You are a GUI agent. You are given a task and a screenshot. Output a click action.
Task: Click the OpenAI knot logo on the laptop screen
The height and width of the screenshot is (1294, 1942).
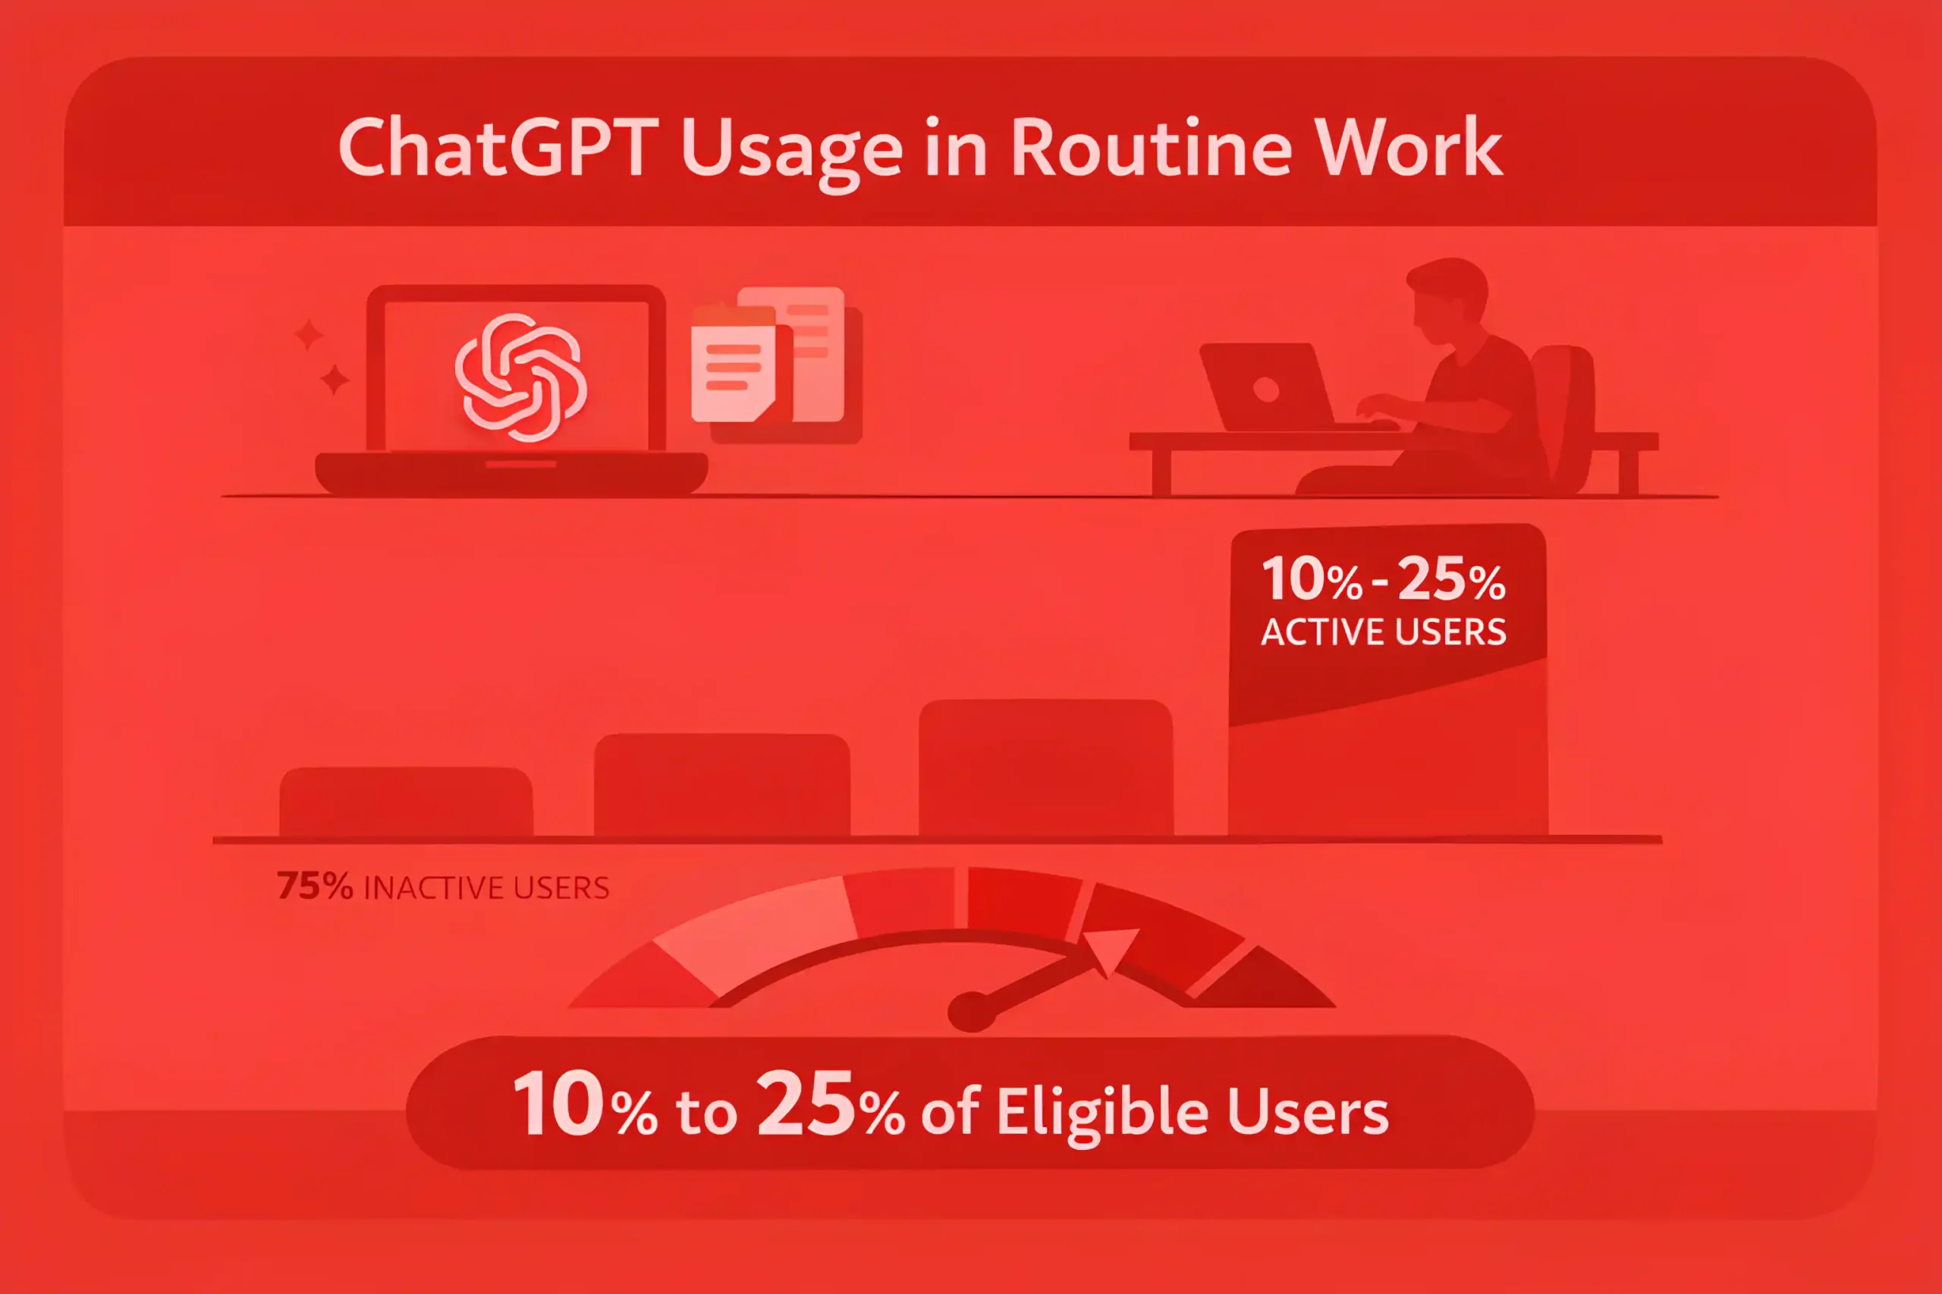521,378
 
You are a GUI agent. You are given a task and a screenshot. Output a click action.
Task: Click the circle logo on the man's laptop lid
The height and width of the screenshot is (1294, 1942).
1266,389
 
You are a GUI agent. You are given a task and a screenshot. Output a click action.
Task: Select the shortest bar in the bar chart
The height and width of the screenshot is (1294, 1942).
407,802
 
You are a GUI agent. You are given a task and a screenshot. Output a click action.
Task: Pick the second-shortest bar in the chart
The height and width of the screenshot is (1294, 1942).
721,785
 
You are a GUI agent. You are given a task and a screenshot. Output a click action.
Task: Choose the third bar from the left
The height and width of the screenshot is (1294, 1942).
1046,769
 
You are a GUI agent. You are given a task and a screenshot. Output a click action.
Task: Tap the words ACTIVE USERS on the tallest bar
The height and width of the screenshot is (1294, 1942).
1384,632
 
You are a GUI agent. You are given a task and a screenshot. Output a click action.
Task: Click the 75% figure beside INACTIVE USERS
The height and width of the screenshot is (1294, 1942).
315,886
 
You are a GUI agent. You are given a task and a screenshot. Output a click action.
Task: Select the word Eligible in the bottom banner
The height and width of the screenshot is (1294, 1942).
1103,1112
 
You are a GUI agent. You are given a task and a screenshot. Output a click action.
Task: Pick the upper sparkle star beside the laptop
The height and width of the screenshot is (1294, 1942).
310,334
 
